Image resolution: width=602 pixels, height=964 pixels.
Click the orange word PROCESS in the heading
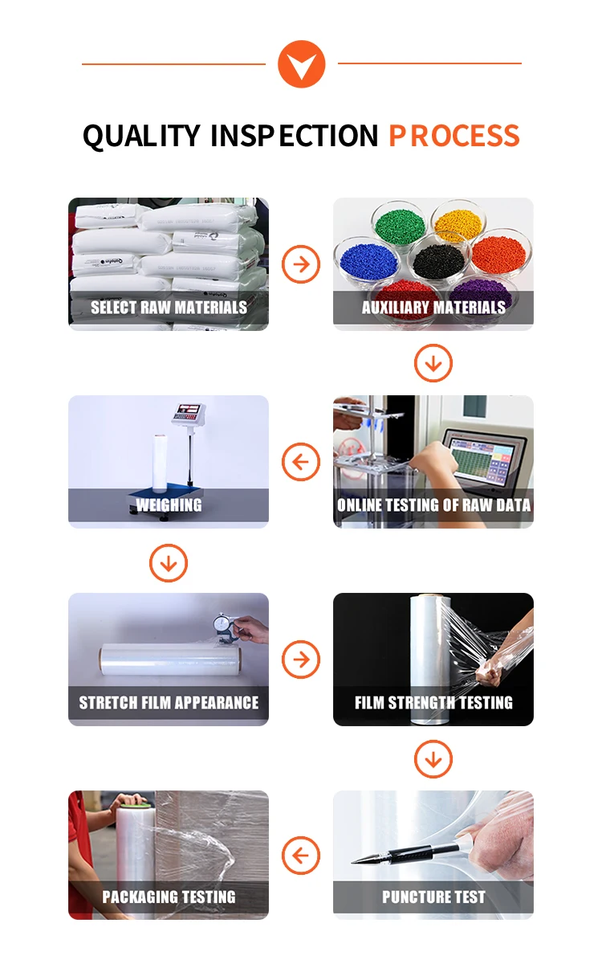pos(454,136)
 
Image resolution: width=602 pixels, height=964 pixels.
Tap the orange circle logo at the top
pos(302,64)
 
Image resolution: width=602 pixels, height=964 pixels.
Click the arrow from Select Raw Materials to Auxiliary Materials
pos(301,263)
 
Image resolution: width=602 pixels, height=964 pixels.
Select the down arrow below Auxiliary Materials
pos(433,363)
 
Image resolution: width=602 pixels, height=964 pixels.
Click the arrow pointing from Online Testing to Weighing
pos(301,462)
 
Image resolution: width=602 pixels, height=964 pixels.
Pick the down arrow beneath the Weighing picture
pos(169,563)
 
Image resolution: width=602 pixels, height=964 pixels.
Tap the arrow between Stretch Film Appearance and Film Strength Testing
pos(301,660)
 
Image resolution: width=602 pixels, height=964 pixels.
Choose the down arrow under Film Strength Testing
pos(433,759)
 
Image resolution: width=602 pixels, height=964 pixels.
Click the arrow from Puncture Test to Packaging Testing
pos(301,855)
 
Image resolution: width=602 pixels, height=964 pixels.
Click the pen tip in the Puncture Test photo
pos(353,861)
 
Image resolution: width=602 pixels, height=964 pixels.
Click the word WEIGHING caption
pos(169,505)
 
